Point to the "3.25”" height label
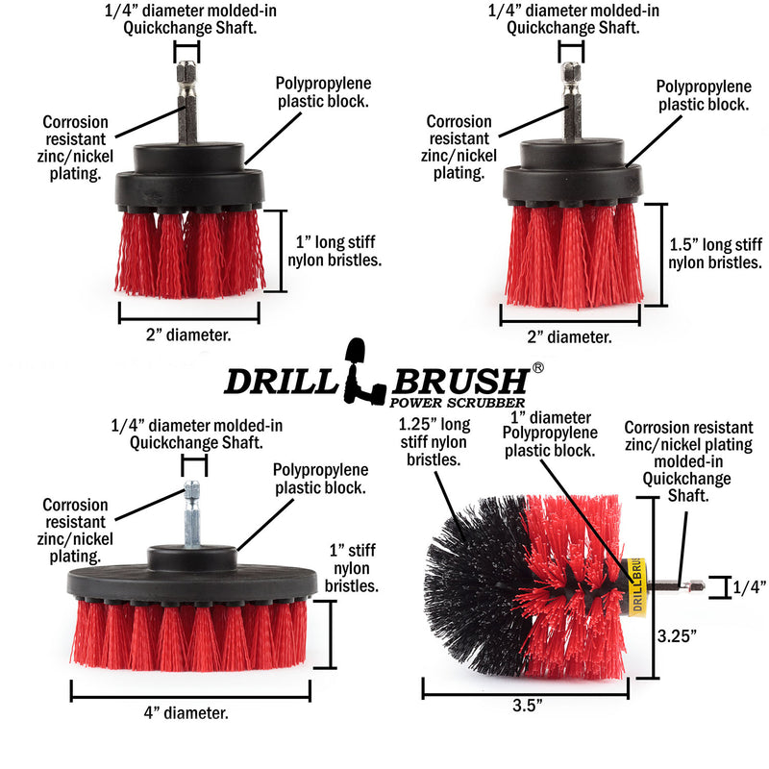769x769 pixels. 677,635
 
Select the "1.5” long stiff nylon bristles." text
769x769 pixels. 715,253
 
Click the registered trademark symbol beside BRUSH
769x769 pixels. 538,367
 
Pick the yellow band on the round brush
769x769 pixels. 635,586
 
